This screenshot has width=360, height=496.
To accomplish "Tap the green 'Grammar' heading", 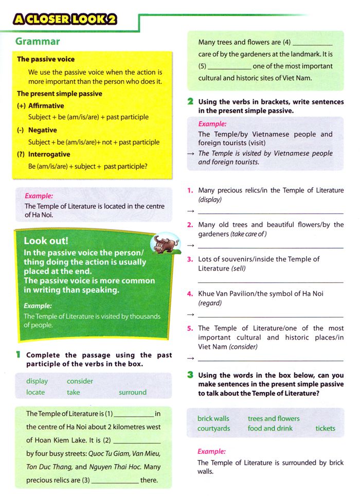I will coord(38,42).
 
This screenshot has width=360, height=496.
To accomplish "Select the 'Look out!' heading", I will coord(46,241).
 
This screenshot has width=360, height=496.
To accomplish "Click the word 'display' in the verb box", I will coord(37,381).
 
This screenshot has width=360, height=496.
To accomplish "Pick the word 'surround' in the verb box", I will coord(133,392).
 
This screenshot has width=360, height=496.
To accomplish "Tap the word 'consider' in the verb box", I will coord(80,381).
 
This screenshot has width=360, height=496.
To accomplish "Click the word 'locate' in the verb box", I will coord(35,392).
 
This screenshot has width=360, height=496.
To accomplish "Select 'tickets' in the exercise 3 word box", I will coord(325,428).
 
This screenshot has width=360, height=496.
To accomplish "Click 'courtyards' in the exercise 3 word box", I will coord(213,428).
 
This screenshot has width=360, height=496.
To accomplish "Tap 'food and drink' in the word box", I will coord(270,428).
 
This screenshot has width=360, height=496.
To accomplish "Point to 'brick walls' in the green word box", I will coord(213,418).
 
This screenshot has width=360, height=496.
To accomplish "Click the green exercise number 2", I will coord(190,102).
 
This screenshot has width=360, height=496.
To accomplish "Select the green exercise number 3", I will coord(190,375).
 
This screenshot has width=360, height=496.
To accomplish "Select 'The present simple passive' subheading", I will coord(59,94).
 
